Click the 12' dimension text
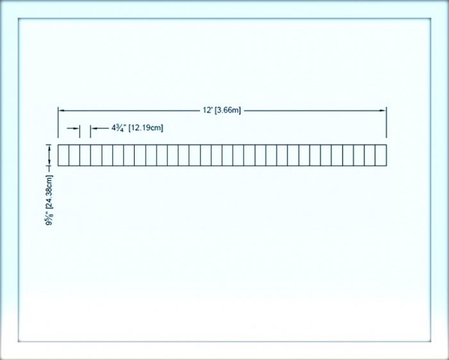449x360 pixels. [207, 110]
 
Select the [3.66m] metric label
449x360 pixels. [228, 110]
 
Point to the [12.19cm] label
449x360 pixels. [146, 128]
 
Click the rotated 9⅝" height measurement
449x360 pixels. [49, 219]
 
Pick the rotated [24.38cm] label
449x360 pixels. [49, 192]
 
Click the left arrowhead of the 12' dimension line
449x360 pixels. [62, 110]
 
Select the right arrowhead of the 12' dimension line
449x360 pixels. [383, 110]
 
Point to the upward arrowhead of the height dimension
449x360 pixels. [49, 148]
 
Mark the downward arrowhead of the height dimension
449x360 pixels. [49, 162]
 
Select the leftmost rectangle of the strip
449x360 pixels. [64, 155]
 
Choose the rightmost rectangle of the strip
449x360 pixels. [381, 155]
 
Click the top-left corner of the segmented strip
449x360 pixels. [58, 144]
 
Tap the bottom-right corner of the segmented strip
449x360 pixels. [387, 166]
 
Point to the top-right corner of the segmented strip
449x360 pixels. [387, 144]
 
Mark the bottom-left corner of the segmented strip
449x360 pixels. [58, 166]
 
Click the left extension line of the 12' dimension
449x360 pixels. [58, 123]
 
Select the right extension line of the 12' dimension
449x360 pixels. [386, 123]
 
